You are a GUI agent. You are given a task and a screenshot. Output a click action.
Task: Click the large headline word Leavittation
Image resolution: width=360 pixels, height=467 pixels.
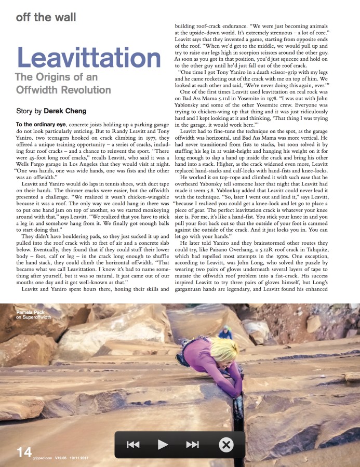89,59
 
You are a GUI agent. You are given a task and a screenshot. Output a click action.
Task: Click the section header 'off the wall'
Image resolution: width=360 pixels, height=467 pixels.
46,17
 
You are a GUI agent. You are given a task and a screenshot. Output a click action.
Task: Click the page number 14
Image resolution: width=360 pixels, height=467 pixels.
24,452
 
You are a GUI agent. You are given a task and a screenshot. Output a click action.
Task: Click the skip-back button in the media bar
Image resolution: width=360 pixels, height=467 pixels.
134,444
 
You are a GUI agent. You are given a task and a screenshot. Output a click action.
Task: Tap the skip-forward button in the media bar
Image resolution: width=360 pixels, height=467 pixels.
192,444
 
